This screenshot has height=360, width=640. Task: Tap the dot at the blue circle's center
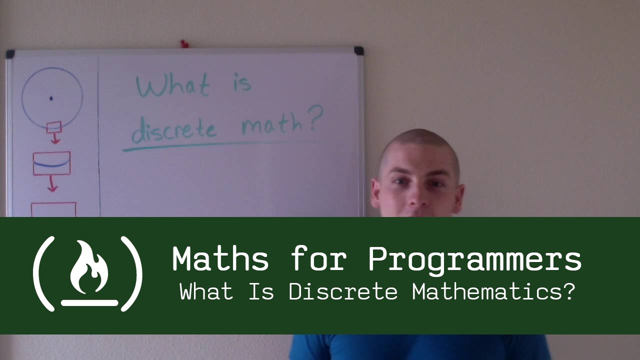pos(51,98)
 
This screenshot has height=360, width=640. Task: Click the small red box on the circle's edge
pos(53,127)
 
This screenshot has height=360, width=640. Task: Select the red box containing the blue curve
pos(51,163)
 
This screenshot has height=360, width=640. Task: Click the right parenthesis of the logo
pos(133,273)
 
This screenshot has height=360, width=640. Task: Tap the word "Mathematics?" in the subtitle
pos(493,292)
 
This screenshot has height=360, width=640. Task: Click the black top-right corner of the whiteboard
pos(358,51)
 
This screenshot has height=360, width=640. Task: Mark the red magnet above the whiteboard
pos(183,44)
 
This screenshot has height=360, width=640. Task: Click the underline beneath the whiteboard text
pos(220,145)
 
